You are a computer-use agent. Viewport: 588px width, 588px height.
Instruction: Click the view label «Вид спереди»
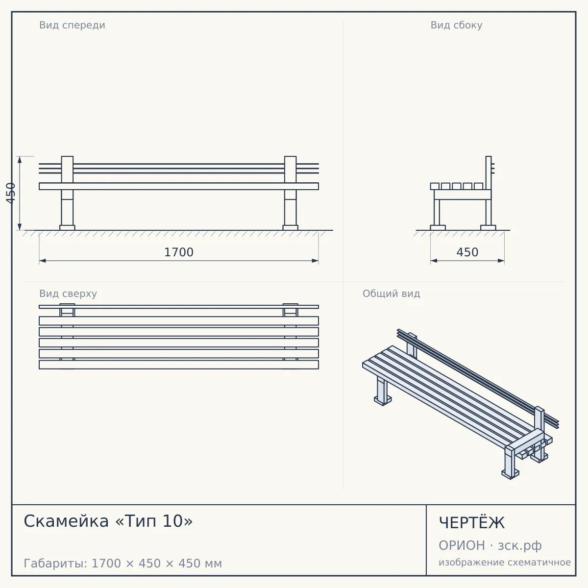coord(73,25)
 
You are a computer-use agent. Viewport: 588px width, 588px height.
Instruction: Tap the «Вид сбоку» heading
coord(456,25)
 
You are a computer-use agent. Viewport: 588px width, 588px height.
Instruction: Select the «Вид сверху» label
coord(68,294)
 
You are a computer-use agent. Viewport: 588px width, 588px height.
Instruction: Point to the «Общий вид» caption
coord(391,294)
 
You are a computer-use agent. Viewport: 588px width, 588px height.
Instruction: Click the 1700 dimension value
coord(179,252)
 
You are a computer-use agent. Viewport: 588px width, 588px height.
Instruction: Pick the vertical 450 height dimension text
coord(11,193)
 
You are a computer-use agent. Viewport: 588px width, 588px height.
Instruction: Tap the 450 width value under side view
coord(467,252)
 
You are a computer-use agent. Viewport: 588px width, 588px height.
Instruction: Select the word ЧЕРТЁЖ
coord(472,523)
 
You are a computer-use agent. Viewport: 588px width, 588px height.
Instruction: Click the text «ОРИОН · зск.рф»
coord(490,545)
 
